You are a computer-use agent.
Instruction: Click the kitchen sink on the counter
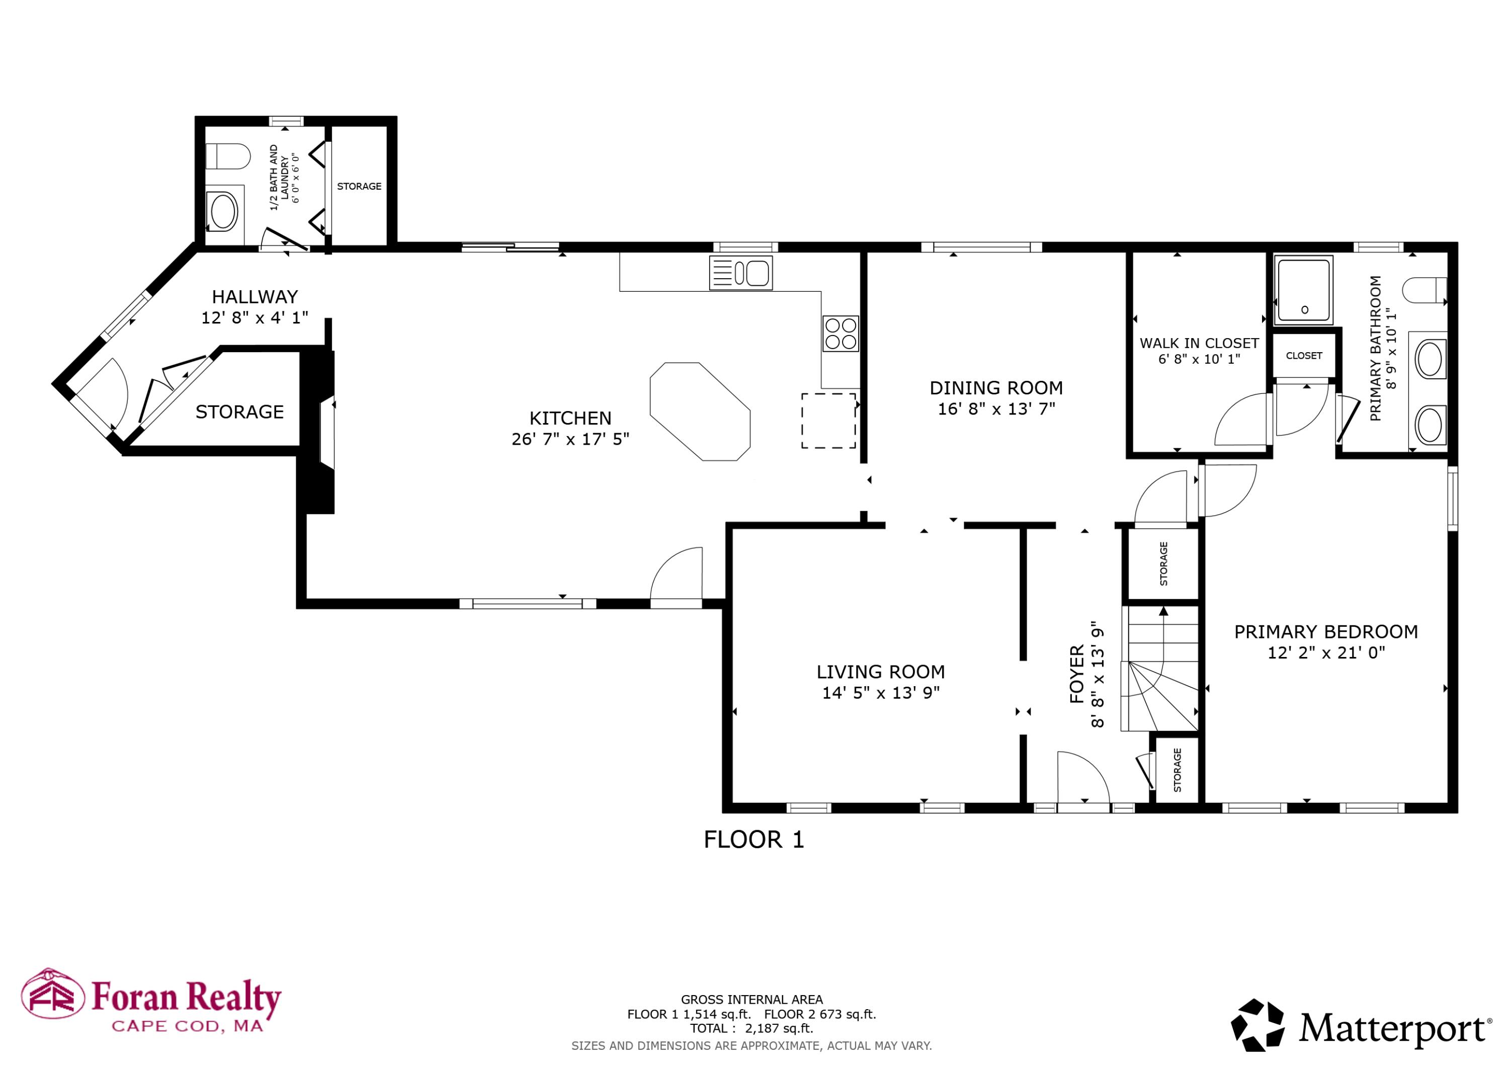(x=741, y=273)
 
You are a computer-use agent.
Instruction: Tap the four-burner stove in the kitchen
(x=841, y=334)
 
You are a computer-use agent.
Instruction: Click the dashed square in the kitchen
(x=828, y=421)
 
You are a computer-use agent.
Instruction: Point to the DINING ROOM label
(x=996, y=388)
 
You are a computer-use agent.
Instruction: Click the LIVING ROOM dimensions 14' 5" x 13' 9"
(x=881, y=692)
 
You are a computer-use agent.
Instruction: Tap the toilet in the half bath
(x=228, y=157)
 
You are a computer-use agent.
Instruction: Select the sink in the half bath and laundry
(x=223, y=210)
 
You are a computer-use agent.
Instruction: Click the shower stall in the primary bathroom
(x=1304, y=290)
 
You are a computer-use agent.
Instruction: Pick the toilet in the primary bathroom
(x=1424, y=290)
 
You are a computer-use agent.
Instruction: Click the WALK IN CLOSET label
(x=1199, y=343)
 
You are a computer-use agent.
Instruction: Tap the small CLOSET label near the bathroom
(x=1304, y=356)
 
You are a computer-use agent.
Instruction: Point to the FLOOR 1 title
(x=754, y=840)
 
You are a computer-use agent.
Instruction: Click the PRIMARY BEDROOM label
(x=1325, y=632)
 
